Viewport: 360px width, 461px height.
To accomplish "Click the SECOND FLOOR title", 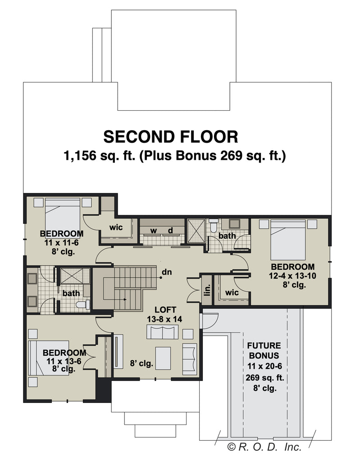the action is pos(171,137).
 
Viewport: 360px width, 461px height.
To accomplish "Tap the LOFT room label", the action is pos(165,310).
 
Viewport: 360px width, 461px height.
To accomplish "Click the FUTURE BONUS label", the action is pos(264,350).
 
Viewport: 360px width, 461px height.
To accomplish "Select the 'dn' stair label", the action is pos(167,272).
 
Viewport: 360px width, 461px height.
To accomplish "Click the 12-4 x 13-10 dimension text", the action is pos(292,276).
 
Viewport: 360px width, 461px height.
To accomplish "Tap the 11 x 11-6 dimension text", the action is pos(61,243).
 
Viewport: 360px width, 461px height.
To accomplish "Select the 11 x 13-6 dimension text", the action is pos(64,361).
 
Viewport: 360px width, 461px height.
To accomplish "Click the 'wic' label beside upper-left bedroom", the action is pos(116,227).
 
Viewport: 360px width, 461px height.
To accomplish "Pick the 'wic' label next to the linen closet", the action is pos(232,293).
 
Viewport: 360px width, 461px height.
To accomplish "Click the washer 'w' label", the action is pos(154,231).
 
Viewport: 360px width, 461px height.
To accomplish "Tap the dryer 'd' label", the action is pos(170,230).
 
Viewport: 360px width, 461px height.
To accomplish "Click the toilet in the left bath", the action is pos(83,304).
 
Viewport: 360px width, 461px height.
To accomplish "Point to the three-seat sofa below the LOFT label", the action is pos(163,332).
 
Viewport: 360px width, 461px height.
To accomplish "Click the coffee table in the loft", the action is pos(163,358).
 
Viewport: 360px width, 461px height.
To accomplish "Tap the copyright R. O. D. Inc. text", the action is pos(264,447).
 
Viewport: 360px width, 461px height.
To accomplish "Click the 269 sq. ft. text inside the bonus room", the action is pos(264,378).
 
